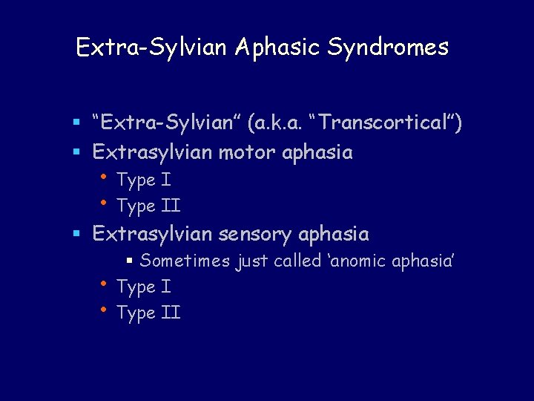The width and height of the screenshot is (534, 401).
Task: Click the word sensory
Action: (x=258, y=235)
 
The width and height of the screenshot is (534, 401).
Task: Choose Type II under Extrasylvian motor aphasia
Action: (x=148, y=206)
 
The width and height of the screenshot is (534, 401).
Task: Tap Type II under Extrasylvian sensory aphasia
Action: (x=148, y=313)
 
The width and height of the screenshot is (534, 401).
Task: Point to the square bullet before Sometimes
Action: (x=129, y=261)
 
